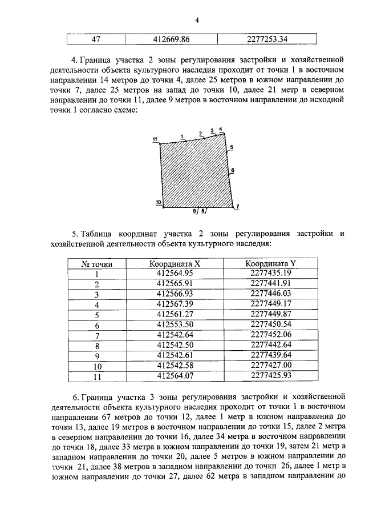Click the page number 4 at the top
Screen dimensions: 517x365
(x=197, y=21)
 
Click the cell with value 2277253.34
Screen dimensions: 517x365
(x=266, y=40)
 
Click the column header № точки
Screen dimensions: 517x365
(x=97, y=264)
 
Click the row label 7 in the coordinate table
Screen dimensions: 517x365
(x=97, y=335)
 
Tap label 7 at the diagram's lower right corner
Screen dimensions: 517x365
(x=238, y=206)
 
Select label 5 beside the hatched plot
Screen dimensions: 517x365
(x=231, y=147)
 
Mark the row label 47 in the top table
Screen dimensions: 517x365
(x=97, y=40)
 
